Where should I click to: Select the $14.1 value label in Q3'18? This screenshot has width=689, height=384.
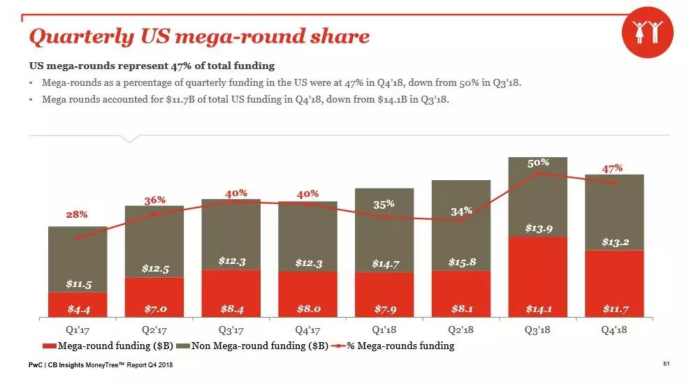[537, 308]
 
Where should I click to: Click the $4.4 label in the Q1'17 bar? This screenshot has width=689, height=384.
[78, 308]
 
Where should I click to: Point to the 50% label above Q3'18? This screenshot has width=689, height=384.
[538, 162]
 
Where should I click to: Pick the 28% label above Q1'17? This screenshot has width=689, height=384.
[77, 214]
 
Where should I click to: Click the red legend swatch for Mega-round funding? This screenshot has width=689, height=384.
[49, 346]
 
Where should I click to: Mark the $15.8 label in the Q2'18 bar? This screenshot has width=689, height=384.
[461, 262]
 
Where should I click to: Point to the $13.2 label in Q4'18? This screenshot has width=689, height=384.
[615, 242]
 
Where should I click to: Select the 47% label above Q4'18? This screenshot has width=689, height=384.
[612, 168]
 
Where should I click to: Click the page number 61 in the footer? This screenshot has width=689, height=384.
[666, 364]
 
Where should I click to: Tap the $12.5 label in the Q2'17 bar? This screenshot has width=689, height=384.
[154, 268]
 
